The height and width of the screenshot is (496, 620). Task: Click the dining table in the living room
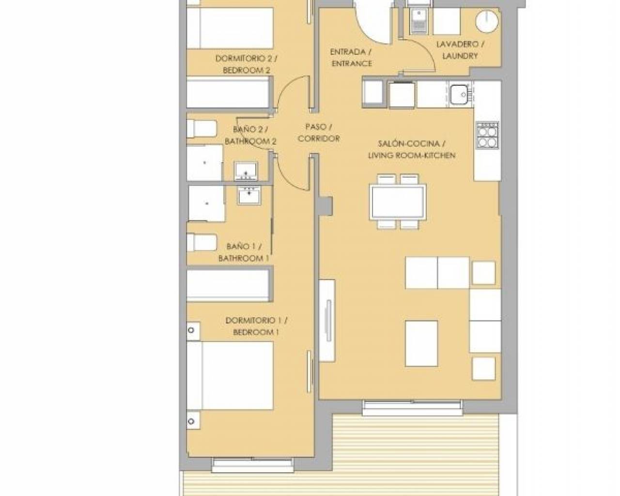click(x=398, y=201)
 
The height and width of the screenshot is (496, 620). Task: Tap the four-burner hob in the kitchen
click(x=487, y=135)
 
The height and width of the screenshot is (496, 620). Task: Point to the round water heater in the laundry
click(x=487, y=22)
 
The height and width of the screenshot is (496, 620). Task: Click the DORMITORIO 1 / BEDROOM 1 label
click(x=256, y=326)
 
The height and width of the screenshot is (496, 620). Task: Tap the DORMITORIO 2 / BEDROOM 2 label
click(x=247, y=64)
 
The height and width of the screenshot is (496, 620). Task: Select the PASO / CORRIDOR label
click(x=319, y=133)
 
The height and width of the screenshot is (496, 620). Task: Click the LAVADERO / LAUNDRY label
click(x=460, y=50)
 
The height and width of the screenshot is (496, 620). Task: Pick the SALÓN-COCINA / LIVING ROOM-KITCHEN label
click(x=412, y=149)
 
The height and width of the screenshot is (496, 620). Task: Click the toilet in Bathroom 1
click(x=201, y=242)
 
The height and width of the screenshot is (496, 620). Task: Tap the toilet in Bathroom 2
click(x=201, y=129)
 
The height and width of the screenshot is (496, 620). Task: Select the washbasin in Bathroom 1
click(x=249, y=195)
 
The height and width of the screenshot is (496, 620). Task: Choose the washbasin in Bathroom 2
click(x=246, y=171)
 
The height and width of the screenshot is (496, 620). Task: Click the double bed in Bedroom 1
click(x=230, y=375)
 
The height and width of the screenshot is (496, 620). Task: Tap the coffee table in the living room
click(x=421, y=343)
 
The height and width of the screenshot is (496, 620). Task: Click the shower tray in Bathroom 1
click(x=206, y=203)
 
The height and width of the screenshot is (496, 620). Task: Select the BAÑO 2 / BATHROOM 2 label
click(x=250, y=136)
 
